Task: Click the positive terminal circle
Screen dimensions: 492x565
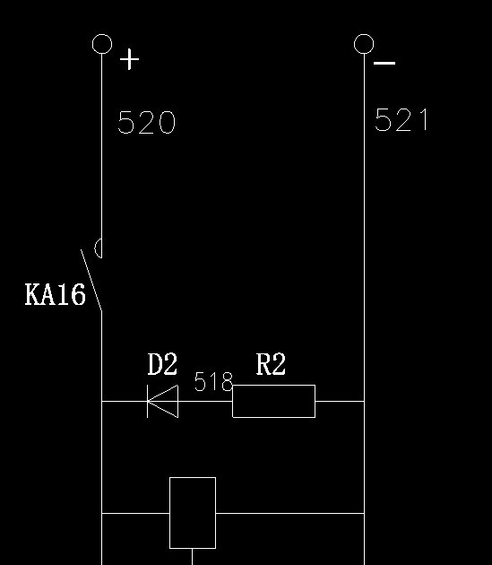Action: (x=102, y=35)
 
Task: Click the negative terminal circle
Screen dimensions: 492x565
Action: (x=364, y=35)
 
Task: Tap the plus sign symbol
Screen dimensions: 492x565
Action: (x=129, y=59)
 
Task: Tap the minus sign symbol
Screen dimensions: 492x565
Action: (x=384, y=63)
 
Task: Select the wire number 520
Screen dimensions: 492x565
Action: (x=147, y=123)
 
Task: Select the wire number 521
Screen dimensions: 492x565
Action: (x=402, y=119)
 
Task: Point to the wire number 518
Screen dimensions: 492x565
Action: (x=213, y=381)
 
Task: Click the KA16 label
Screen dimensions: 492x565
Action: (x=56, y=294)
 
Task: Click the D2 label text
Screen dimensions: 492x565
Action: (x=162, y=364)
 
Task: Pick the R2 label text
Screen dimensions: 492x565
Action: (x=271, y=364)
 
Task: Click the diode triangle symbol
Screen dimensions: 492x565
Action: (x=163, y=401)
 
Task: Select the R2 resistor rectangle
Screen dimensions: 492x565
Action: (x=273, y=386)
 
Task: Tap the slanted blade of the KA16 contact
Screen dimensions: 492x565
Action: (x=91, y=280)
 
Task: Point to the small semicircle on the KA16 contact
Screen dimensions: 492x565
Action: (x=96, y=248)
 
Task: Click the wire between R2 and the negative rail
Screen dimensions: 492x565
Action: (x=340, y=401)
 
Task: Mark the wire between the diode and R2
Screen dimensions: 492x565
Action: (x=205, y=401)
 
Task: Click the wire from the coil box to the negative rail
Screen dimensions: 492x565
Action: (x=290, y=513)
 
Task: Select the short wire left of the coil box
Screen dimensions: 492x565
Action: (x=136, y=513)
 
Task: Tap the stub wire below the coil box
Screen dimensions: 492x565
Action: (x=193, y=557)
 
